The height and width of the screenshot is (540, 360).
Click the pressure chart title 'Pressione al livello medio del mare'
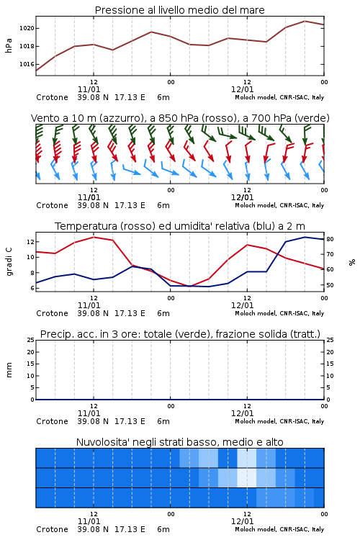coord(179,10)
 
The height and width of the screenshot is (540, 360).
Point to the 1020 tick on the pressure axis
coord(27,28)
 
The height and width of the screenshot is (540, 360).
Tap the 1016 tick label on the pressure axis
coord(27,64)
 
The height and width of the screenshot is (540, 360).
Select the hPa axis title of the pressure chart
coord(9,46)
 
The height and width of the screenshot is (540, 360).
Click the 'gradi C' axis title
coord(9,262)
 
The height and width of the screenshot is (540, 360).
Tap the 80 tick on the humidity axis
coord(330,239)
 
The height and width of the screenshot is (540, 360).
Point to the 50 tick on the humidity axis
coord(330,285)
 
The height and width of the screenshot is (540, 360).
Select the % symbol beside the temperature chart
coord(352,262)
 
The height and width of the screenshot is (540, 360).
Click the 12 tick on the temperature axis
coord(30,242)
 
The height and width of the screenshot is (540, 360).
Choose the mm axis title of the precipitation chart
coord(9,370)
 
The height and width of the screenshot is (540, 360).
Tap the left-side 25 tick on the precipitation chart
coord(31,340)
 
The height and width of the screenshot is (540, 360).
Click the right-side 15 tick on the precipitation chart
coord(330,364)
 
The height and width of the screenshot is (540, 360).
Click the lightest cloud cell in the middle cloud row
coord(247,477)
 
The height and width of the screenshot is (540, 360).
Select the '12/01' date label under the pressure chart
coord(242,89)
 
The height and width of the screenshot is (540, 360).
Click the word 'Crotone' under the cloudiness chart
coord(52,529)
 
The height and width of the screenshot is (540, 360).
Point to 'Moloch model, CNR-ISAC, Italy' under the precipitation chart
coord(279,421)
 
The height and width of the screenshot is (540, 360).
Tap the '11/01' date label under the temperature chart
coord(89,305)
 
